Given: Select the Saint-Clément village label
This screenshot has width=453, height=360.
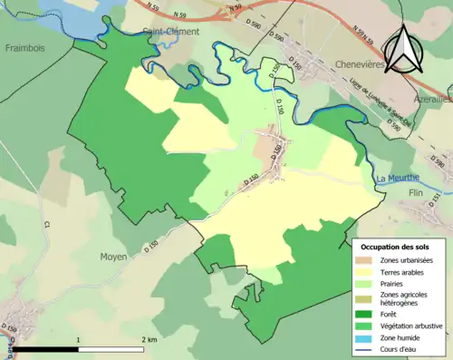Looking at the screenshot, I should [x=171, y=34].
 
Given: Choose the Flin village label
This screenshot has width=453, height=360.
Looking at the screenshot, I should [x=417, y=192].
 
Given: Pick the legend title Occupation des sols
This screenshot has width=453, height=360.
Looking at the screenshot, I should [x=395, y=247].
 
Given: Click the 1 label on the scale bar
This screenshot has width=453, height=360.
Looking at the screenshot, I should [x=79, y=340].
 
